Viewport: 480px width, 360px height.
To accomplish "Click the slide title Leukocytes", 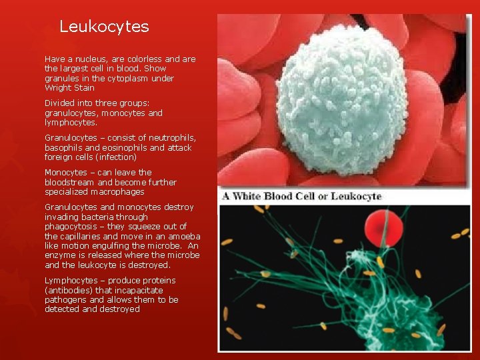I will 104,27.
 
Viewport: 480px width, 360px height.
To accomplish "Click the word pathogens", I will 65,300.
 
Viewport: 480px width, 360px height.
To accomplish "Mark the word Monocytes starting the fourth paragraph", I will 65,172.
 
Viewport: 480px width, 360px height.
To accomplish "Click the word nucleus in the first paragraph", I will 86,59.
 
